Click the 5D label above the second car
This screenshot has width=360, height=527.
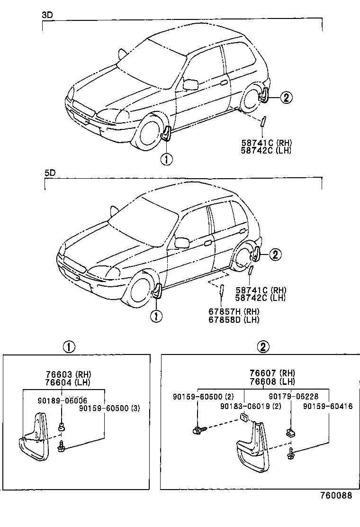coord(50,173)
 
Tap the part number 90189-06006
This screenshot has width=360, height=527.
coord(62,401)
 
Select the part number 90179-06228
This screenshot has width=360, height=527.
coord(293,397)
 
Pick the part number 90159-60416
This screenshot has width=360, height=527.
coord(328,406)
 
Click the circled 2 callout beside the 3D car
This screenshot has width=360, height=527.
coord(285,98)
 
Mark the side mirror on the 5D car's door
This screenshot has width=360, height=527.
coord(181,243)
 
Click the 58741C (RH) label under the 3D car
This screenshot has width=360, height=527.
coord(265,143)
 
